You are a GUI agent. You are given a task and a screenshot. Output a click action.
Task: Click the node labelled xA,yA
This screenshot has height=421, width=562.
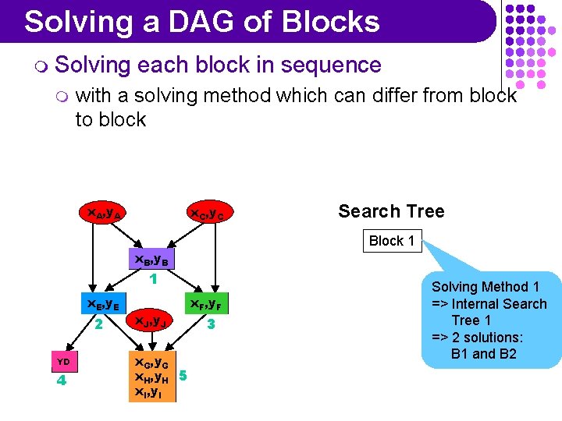pos(101,212)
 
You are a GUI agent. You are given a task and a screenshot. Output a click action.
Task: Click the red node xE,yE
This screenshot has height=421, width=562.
pos(101,304)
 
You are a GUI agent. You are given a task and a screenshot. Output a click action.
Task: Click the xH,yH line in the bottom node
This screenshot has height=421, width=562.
pos(152,377)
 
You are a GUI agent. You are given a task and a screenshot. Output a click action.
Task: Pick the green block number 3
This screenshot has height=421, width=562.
pos(209,322)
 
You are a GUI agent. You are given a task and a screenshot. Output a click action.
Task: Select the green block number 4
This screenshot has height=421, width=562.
pos(62,380)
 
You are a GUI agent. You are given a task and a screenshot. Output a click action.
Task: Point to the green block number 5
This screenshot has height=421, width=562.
pos(183,375)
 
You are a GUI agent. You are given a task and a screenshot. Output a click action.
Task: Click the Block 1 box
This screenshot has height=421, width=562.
pos(392,241)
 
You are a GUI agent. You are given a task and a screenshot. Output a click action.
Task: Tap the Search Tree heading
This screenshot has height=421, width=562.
pos(391,211)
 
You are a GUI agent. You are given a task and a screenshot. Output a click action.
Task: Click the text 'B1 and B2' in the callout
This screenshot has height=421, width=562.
pos(483,354)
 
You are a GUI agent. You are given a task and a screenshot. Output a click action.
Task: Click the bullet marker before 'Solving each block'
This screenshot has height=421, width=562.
pos(40,65)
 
